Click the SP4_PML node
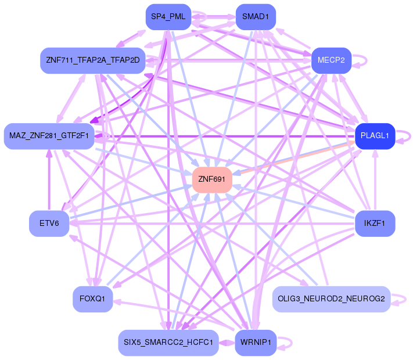pos(168,17)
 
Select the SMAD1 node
pos(256,17)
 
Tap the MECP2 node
pos(331,60)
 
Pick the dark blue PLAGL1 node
pos(375,136)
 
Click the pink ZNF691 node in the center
pos(212,179)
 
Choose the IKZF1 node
pos(375,224)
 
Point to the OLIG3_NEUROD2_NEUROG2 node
pos(331,299)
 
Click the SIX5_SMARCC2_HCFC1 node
pos(168,343)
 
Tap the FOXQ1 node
pos(92,299)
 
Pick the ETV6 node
pos(49,224)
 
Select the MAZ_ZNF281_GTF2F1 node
pos(49,136)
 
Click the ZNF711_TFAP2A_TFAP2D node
pos(92,60)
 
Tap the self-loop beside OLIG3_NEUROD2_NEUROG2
pos(404,299)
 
